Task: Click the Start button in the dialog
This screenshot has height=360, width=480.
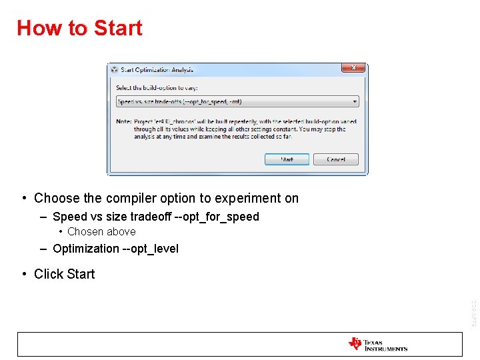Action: pos(287,159)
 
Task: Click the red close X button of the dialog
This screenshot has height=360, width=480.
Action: pos(353,69)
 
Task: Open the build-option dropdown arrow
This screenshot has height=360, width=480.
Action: pos(355,102)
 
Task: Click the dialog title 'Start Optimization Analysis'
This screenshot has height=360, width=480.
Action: pos(157,69)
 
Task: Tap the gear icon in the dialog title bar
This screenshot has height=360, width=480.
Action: pos(115,69)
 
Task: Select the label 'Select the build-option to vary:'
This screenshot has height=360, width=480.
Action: pos(157,87)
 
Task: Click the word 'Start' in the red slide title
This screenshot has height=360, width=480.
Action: pos(118,28)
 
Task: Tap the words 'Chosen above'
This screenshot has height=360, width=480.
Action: pos(101,232)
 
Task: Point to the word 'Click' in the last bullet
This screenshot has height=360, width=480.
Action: pos(48,274)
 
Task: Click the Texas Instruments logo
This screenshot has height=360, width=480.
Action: pos(377,344)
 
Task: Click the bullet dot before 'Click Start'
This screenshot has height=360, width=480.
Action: pos(24,273)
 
